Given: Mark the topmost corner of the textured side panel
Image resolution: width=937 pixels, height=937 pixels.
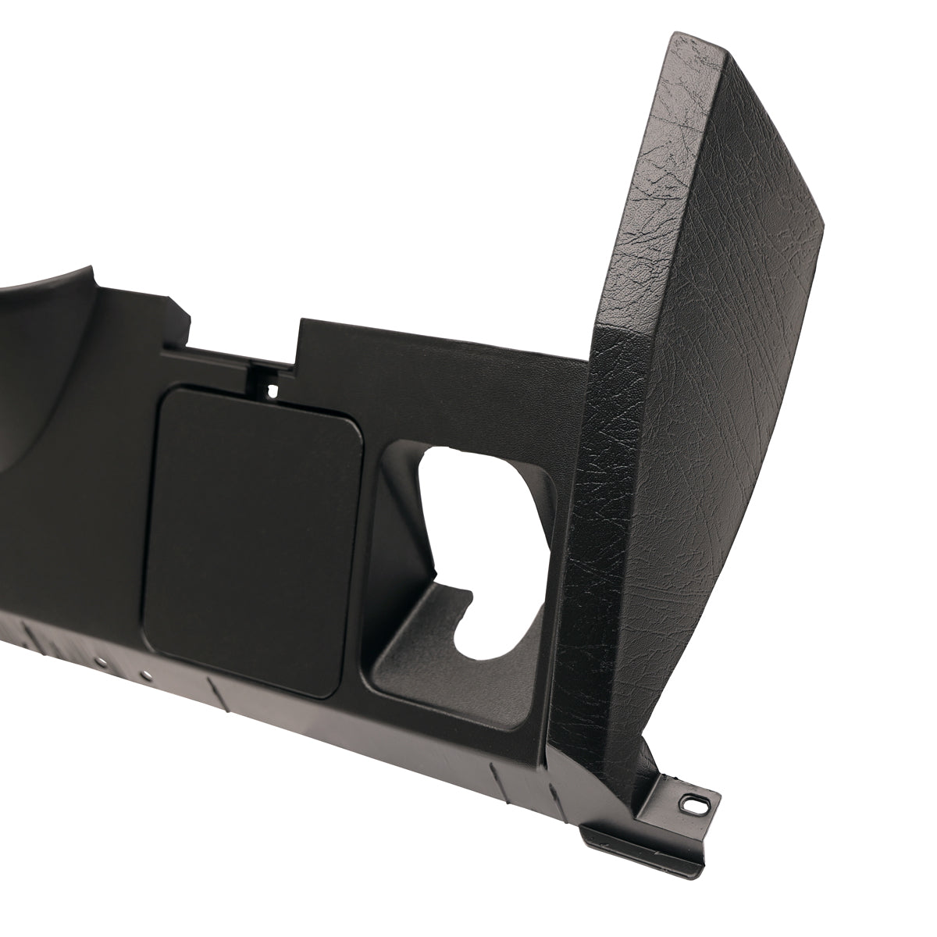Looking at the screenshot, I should click(x=673, y=35).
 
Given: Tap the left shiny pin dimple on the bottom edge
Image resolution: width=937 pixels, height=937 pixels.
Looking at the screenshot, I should click(x=102, y=661).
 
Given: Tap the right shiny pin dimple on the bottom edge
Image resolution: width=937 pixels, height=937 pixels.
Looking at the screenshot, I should click(x=144, y=672).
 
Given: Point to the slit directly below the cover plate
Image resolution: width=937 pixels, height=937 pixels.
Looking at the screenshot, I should click(x=212, y=691).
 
